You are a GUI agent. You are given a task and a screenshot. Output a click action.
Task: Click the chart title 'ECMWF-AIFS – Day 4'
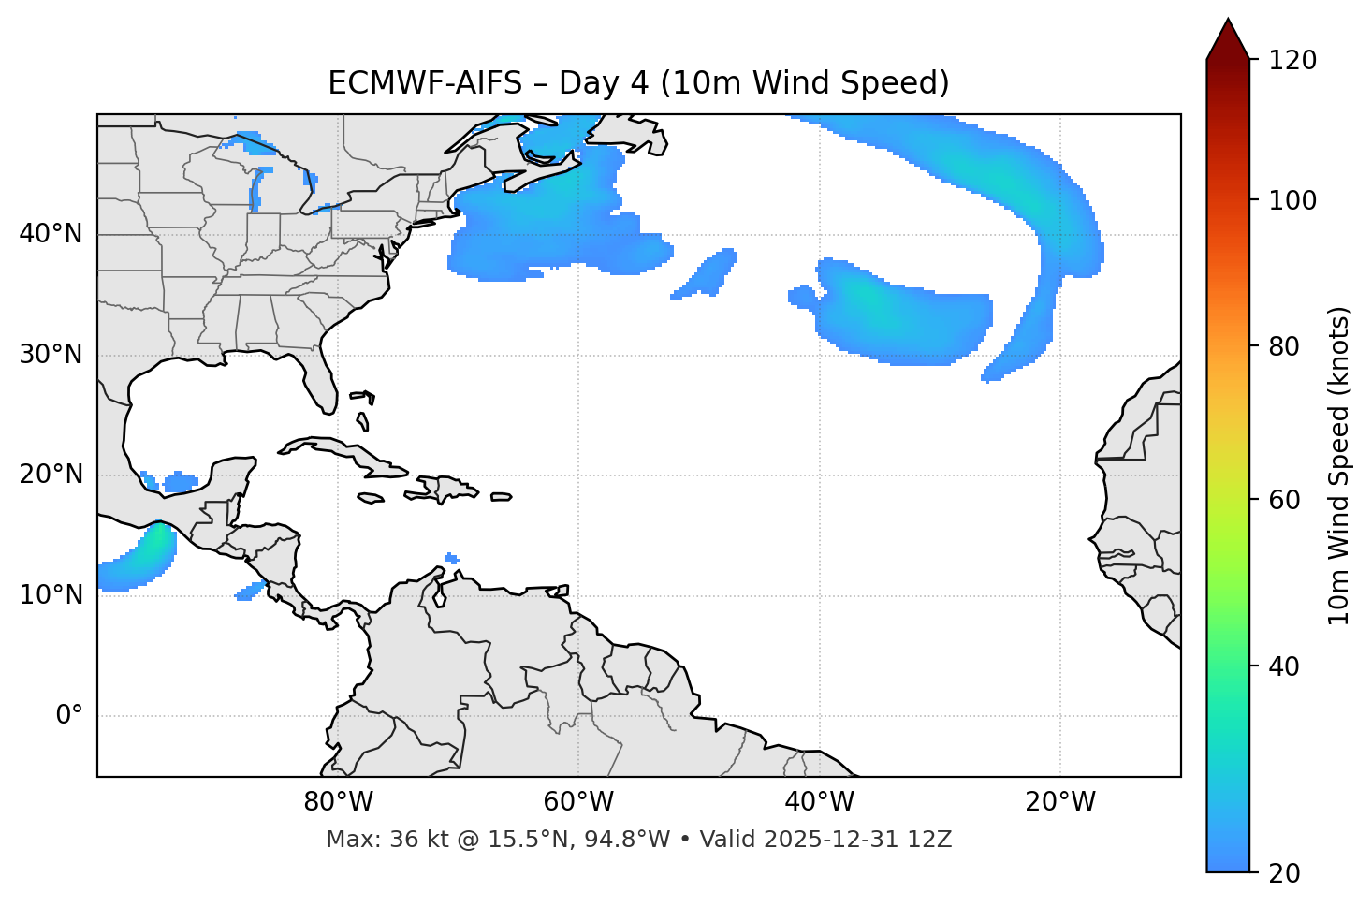(x=638, y=83)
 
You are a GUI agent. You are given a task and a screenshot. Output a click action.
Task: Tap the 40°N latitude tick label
(x=51, y=233)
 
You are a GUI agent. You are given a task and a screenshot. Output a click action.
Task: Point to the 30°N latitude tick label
(x=51, y=355)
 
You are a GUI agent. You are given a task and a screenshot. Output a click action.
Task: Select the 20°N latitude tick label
(x=51, y=475)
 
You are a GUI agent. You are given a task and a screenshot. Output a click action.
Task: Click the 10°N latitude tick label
(x=51, y=595)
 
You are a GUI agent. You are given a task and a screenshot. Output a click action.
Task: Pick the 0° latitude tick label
(x=69, y=716)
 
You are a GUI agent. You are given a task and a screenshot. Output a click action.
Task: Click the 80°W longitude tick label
(x=338, y=802)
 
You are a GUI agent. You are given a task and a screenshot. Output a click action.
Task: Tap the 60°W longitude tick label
(x=578, y=802)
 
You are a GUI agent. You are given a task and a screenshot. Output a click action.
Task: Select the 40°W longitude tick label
(x=819, y=802)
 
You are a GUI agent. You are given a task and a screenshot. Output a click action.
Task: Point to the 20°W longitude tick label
(x=1060, y=802)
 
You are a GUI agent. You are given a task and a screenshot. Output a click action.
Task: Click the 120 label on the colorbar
(x=1292, y=61)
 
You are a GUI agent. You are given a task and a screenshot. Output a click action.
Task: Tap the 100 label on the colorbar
(x=1292, y=200)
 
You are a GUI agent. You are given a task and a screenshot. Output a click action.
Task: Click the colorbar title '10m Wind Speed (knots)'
(x=1339, y=465)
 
